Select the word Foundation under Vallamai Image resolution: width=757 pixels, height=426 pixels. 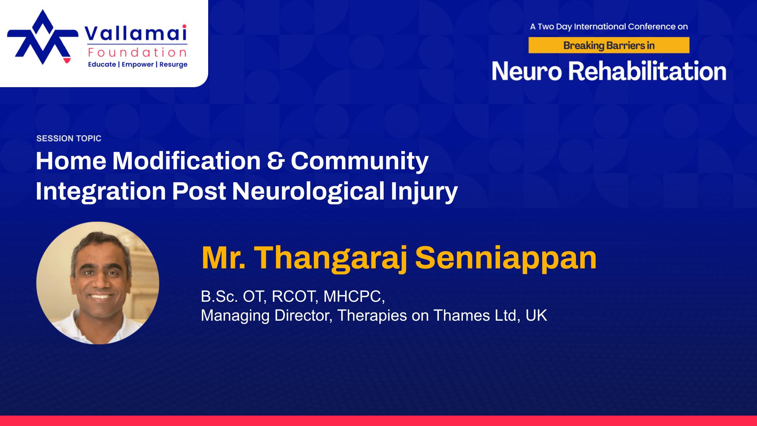138,52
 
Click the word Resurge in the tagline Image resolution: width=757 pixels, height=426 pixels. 173,64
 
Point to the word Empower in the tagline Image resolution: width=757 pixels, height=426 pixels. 138,64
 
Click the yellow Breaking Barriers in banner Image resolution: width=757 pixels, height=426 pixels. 609,45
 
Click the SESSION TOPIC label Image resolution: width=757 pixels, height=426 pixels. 69,138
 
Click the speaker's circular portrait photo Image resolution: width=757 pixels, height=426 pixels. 98,283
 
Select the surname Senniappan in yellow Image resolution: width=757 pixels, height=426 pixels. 506,259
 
